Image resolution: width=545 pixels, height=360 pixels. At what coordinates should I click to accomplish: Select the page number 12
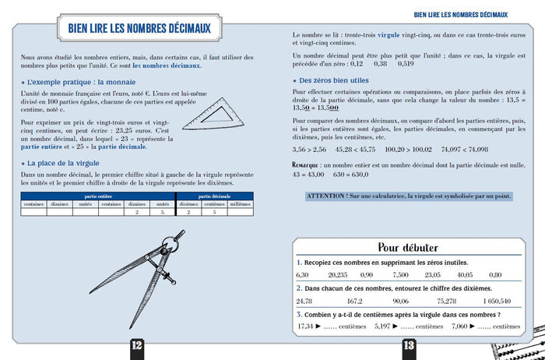(135, 345)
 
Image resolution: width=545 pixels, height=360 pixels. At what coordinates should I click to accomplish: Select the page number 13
(410, 345)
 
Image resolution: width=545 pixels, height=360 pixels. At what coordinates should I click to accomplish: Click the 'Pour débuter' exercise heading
(408, 248)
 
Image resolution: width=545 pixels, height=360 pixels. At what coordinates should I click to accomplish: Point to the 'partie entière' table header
(97, 197)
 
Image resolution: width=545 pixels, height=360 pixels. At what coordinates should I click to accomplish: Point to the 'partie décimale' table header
(215, 197)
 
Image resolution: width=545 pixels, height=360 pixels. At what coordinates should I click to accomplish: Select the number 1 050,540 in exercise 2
(497, 301)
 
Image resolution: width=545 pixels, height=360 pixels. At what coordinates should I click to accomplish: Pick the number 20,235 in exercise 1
(338, 275)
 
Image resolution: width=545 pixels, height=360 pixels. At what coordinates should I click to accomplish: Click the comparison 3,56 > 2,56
(310, 149)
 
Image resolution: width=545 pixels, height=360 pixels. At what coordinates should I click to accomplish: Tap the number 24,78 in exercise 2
(304, 301)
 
